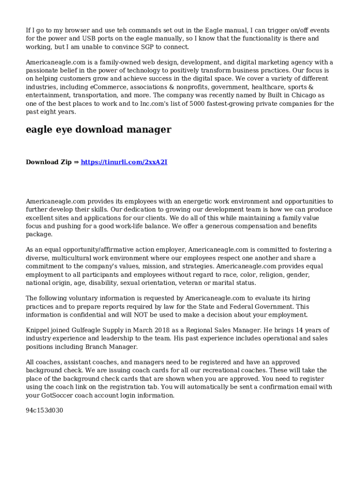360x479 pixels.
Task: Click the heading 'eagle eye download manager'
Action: pos(98,130)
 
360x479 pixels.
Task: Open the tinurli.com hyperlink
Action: pos(124,162)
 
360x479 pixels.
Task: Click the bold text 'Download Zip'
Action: pos(49,162)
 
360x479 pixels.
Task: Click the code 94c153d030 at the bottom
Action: pos(44,411)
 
